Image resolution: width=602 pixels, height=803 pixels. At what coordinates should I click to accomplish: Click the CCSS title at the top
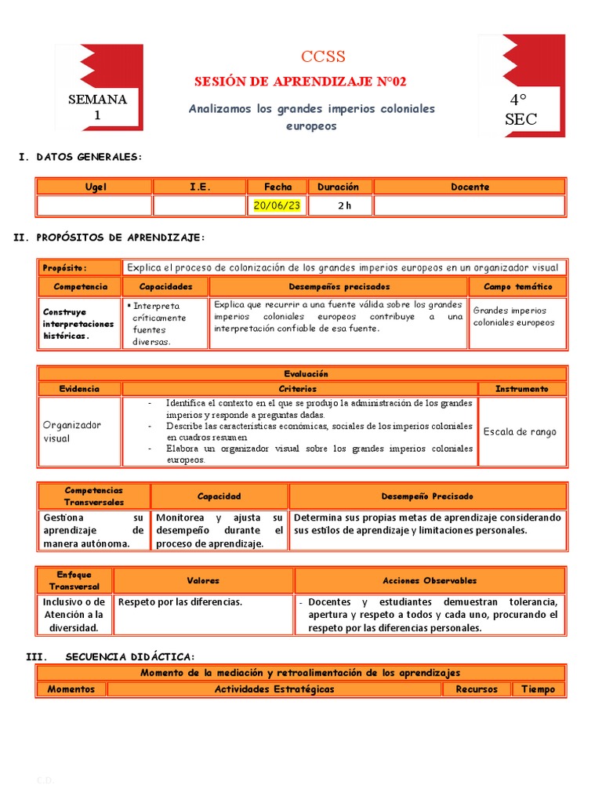(x=323, y=56)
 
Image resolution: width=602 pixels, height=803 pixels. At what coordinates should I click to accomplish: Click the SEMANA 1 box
(x=97, y=107)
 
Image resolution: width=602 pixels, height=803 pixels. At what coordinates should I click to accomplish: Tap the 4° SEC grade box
(x=520, y=110)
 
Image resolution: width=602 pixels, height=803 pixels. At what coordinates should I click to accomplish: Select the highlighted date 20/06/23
(x=277, y=205)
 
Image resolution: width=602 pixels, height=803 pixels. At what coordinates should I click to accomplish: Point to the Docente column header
(x=470, y=187)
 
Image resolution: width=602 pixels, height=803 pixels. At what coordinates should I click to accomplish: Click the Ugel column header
(x=95, y=187)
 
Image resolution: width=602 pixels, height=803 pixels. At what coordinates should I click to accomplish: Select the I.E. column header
(x=199, y=187)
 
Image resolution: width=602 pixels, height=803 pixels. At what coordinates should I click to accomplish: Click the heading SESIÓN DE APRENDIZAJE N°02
(x=300, y=82)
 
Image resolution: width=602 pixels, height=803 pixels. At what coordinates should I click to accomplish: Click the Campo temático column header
(x=517, y=287)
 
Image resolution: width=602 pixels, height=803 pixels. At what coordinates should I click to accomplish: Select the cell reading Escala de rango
(x=520, y=431)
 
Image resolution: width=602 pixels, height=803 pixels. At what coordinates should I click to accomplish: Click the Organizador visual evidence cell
(x=80, y=431)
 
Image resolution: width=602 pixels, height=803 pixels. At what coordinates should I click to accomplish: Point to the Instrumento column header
(x=521, y=388)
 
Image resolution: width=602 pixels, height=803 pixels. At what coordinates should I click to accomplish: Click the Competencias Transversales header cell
(x=94, y=496)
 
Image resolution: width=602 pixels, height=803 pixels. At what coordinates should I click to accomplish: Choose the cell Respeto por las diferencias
(x=204, y=602)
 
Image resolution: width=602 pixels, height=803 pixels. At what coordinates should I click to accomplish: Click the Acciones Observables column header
(x=429, y=580)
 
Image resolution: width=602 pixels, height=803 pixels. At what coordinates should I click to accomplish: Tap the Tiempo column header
(x=539, y=689)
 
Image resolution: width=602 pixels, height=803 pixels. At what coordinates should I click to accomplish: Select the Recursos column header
(x=476, y=689)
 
